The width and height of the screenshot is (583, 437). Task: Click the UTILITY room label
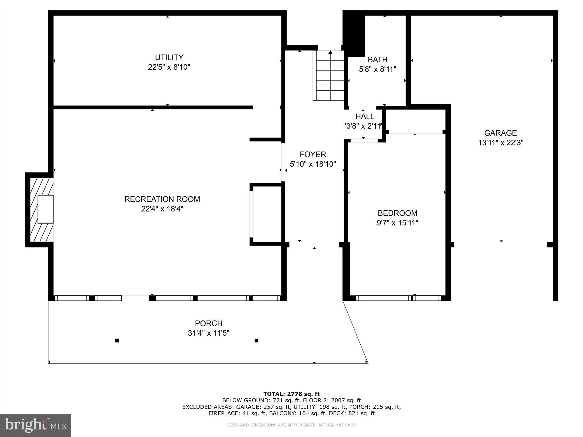tap(169, 57)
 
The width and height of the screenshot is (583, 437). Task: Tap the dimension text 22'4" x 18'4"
tap(162, 209)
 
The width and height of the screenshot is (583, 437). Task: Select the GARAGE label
tap(501, 133)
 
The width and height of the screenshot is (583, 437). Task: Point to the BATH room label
tap(377, 60)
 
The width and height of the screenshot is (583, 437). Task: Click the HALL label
tap(365, 117)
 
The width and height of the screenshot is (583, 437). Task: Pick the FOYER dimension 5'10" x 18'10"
tap(313, 164)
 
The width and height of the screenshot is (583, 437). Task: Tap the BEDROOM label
tap(397, 213)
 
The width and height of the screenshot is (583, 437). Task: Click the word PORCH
tap(209, 323)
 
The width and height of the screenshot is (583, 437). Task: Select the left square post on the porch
tap(117, 340)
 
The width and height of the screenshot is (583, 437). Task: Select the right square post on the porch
tap(257, 340)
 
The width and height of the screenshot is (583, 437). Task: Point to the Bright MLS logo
tap(36, 425)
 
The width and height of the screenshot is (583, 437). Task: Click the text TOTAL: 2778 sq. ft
tap(291, 394)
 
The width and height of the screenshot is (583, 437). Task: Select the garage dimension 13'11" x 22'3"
tap(501, 143)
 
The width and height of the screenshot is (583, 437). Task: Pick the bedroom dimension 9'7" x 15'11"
tap(397, 223)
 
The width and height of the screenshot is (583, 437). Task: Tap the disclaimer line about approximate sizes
tap(291, 425)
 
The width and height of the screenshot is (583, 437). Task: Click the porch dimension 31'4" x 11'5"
tap(209, 333)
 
